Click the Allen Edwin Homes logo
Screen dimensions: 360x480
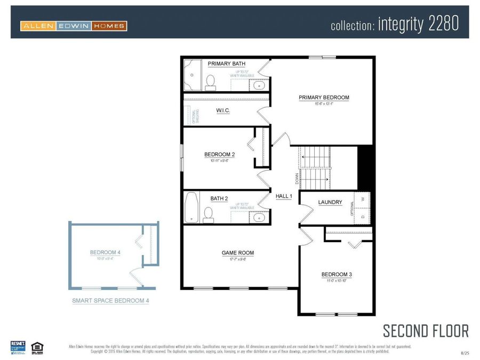click(x=74, y=26)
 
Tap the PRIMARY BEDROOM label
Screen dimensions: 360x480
click(x=324, y=98)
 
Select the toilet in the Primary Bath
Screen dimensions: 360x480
click(x=210, y=81)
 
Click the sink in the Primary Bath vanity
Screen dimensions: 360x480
click(x=259, y=84)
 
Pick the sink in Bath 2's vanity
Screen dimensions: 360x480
click(x=259, y=217)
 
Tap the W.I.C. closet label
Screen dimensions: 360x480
click(x=223, y=111)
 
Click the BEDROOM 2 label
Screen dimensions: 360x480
click(x=219, y=155)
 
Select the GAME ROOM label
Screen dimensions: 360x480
click(x=238, y=253)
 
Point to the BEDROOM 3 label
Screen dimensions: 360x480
click(x=337, y=275)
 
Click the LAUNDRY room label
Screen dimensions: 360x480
click(x=330, y=202)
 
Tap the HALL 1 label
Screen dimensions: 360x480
click(x=284, y=196)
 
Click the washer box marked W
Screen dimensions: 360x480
click(x=363, y=199)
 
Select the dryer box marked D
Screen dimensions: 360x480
click(x=363, y=216)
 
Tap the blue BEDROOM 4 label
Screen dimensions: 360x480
click(x=105, y=252)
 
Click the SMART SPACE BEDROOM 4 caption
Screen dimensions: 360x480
click(x=110, y=301)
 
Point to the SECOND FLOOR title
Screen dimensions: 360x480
click(x=426, y=331)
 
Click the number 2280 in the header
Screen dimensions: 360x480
click(x=441, y=25)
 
